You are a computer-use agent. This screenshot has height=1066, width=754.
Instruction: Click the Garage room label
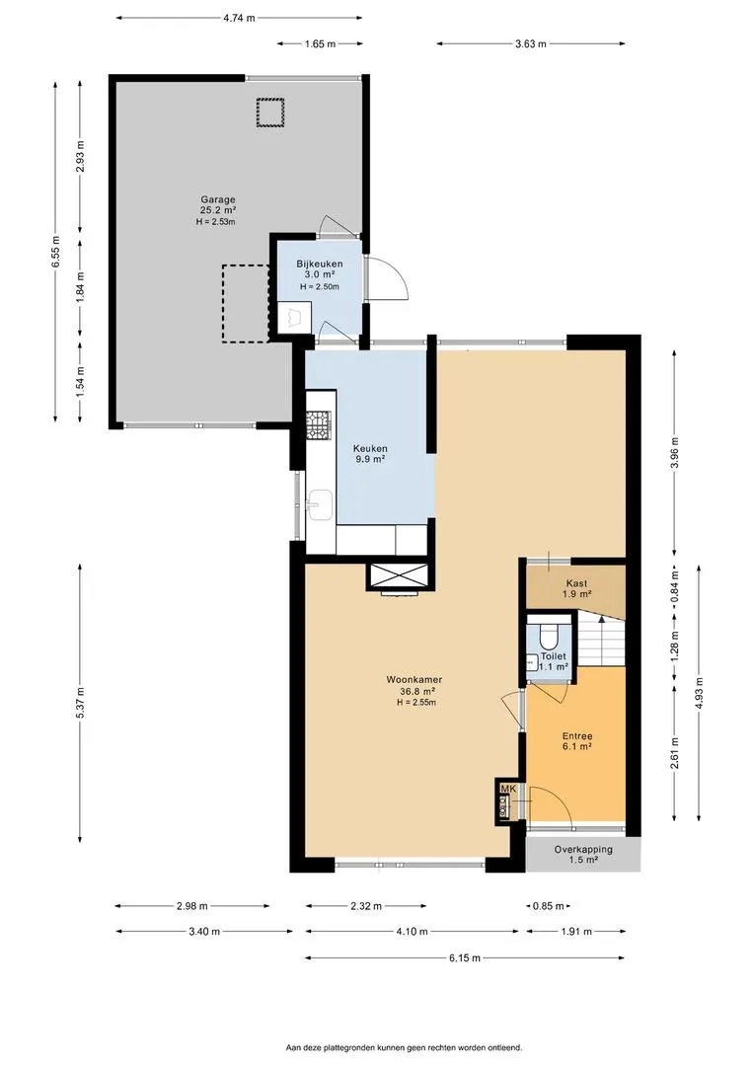(x=217, y=199)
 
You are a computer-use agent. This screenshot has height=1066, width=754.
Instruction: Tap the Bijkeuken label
(x=319, y=264)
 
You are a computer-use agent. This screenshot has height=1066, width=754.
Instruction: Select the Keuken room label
(x=370, y=449)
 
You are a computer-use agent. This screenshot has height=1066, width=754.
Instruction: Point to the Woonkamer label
(x=415, y=679)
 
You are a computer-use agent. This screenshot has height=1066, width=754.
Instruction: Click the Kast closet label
(x=576, y=583)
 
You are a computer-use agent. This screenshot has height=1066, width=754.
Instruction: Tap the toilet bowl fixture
(x=548, y=637)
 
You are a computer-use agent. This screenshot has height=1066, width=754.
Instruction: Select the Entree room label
(x=577, y=736)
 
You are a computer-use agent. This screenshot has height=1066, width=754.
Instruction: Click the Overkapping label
(x=582, y=849)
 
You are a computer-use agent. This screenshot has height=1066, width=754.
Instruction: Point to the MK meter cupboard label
(x=508, y=789)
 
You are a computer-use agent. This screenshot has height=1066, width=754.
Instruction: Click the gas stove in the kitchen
(x=319, y=424)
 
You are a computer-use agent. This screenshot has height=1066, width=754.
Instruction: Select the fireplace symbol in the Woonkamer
(x=399, y=577)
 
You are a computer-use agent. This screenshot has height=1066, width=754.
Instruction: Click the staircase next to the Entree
(x=601, y=639)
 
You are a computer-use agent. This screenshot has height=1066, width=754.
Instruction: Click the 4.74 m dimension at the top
(x=239, y=19)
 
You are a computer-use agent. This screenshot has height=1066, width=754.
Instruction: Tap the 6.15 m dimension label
(x=465, y=957)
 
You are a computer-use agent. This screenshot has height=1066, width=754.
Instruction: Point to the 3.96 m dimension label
(x=674, y=453)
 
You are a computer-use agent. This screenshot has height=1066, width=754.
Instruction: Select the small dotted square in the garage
(x=269, y=113)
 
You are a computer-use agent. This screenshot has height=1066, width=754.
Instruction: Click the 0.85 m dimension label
(x=548, y=906)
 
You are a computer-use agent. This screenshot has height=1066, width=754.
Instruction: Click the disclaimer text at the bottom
(x=404, y=1047)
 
